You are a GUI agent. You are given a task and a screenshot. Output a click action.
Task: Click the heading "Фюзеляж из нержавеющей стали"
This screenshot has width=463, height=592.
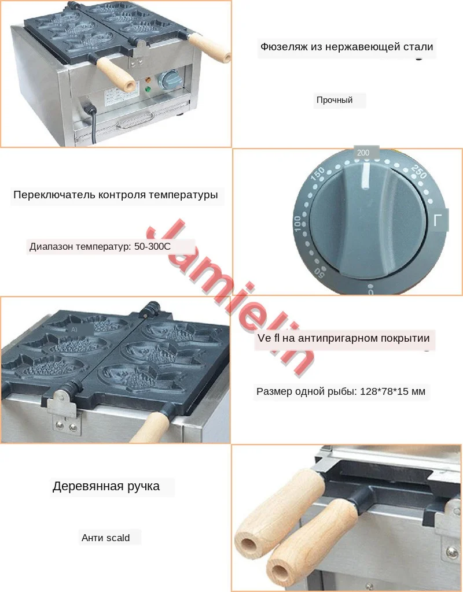(x=347, y=47)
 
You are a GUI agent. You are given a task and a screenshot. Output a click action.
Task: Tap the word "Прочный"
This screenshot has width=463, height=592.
(x=335, y=100)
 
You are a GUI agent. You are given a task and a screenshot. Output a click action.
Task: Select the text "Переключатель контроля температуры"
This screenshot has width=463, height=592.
(x=115, y=195)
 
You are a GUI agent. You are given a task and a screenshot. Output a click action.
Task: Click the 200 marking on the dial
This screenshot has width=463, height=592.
(x=363, y=153)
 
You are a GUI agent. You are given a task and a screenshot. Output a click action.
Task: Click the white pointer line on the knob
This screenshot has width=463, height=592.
(x=366, y=176)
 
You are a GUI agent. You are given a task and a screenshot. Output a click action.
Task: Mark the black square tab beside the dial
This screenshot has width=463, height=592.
(x=440, y=220)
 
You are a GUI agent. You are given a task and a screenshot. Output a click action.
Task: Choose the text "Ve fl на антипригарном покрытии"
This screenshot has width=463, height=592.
(x=343, y=338)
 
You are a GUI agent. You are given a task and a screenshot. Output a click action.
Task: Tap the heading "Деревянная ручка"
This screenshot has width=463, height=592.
(x=106, y=486)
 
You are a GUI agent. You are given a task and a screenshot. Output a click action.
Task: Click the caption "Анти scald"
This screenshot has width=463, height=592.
(x=105, y=538)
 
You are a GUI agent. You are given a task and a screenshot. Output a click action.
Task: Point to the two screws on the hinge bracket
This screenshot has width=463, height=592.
(x=65, y=427)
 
